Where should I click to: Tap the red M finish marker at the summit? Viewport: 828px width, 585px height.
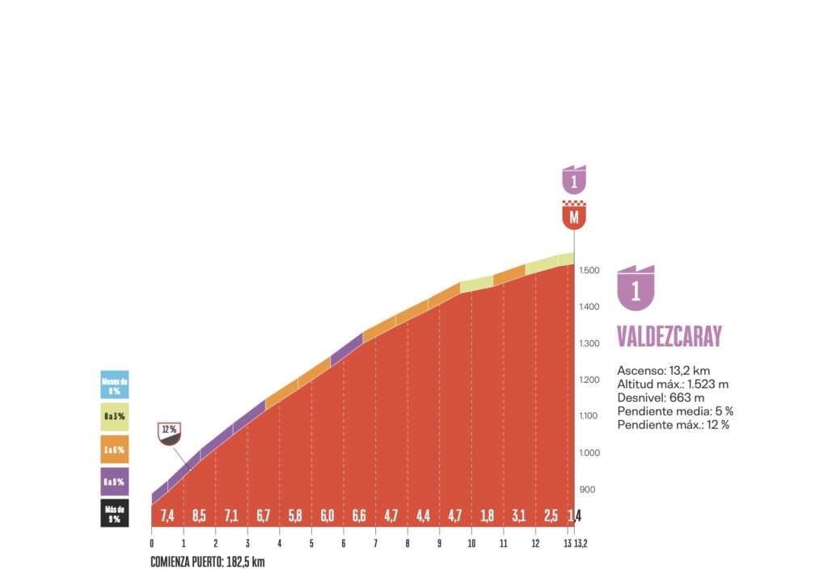click(x=574, y=216)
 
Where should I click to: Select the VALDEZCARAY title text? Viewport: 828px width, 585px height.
click(x=669, y=337)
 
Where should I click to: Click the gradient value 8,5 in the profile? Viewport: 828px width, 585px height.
click(x=200, y=516)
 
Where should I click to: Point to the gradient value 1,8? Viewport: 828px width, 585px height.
click(x=488, y=516)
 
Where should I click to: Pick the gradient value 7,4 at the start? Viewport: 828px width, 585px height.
click(x=167, y=516)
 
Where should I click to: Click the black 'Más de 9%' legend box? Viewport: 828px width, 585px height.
click(x=114, y=514)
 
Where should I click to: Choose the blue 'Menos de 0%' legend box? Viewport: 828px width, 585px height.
click(x=114, y=385)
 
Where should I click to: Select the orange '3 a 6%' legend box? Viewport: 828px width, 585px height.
click(x=114, y=449)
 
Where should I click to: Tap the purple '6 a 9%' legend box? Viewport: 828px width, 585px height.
click(x=114, y=482)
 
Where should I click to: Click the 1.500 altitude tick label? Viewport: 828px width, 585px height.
click(x=589, y=270)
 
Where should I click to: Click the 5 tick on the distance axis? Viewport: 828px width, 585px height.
click(x=311, y=543)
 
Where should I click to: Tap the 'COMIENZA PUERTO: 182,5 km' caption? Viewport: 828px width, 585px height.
click(x=207, y=562)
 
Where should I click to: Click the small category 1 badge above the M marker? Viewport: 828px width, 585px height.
click(x=574, y=180)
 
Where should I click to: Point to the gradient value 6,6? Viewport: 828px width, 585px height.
click(x=360, y=516)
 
